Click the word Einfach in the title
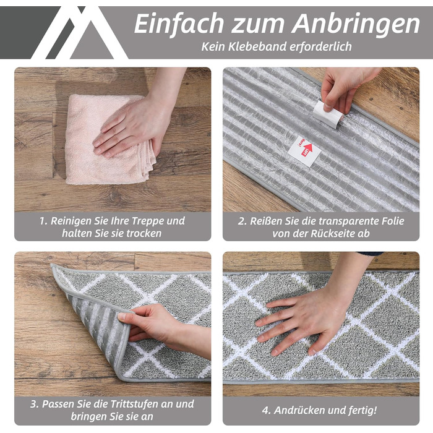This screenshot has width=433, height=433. (x=179, y=24)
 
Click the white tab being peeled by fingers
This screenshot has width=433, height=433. (x=327, y=114)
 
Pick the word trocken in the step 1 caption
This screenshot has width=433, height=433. (x=144, y=233)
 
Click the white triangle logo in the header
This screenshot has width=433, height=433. (x=80, y=33)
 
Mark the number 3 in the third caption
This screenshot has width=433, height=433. (x=33, y=405)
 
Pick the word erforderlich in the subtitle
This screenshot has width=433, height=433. (x=320, y=46)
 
